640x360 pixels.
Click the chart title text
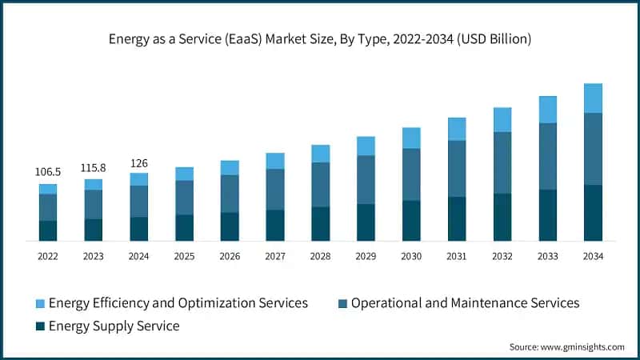(320, 38)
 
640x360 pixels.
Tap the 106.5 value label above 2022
(48, 172)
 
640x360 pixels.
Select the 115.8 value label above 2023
(94, 168)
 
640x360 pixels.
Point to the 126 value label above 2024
(139, 163)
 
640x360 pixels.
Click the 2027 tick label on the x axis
(275, 256)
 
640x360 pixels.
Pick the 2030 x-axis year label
(411, 256)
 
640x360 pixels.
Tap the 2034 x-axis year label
(593, 256)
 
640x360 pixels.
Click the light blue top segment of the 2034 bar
(593, 98)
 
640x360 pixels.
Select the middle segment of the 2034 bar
(593, 149)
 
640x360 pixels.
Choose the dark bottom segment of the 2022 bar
(48, 230)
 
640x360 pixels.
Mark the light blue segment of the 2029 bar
(366, 146)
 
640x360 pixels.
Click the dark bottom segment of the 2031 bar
(457, 218)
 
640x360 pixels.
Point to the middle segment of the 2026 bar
(230, 193)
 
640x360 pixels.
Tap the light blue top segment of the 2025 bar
(184, 174)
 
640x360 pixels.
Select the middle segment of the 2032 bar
(502, 162)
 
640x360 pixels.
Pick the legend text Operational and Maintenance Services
(465, 303)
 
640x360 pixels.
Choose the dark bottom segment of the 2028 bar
(320, 223)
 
